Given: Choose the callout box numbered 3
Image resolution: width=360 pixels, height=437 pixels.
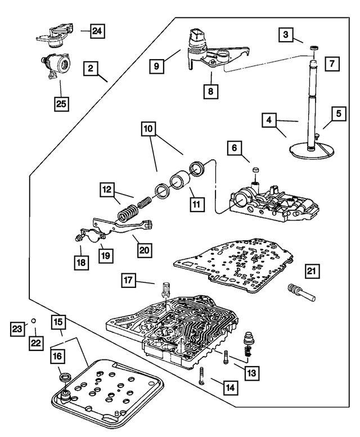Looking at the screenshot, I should pos(287,35).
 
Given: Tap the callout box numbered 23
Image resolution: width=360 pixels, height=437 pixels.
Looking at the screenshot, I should pos(18,327).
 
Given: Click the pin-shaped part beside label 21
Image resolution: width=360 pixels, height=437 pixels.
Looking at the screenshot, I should pos(299,292).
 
